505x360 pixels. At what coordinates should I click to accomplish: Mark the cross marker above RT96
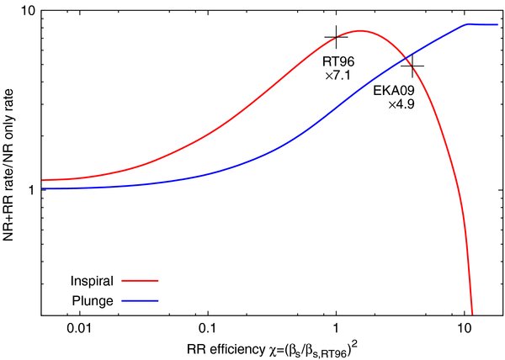pos(337,38)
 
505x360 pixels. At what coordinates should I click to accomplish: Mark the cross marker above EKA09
pos(412,66)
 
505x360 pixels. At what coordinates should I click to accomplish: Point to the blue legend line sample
pos(141,299)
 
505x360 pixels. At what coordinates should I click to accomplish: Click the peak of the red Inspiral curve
pos(360,31)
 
